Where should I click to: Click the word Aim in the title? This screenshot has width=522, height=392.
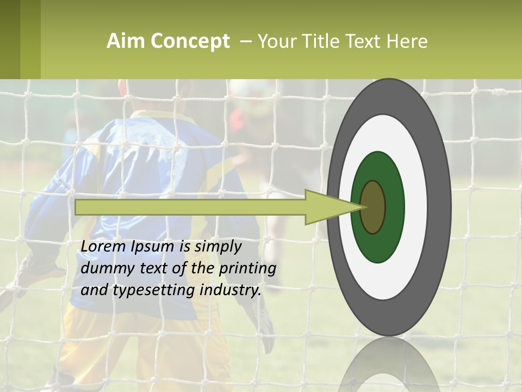click(123, 41)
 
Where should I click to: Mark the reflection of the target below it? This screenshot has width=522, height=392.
click(388, 370)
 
